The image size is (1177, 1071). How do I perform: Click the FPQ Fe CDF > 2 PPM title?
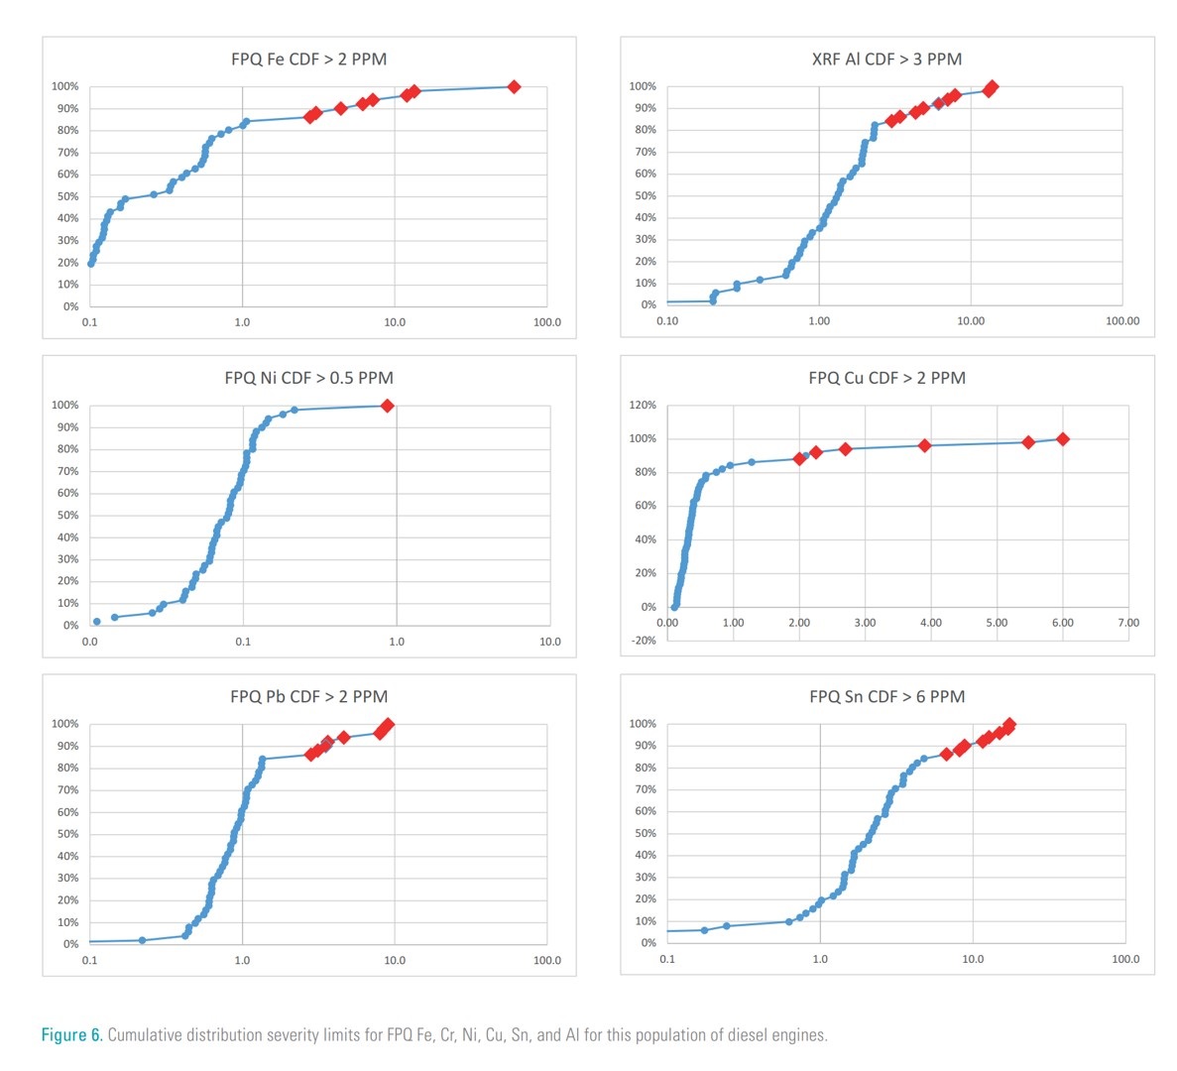coord(308,59)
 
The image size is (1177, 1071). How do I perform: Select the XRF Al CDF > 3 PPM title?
coord(886,59)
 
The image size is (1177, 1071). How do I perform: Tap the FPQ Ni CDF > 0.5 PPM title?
coord(308,378)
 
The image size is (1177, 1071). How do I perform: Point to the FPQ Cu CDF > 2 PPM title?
coord(886,378)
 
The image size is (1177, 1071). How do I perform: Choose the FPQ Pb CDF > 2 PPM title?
coord(308,697)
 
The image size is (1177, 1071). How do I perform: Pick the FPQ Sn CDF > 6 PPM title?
coord(886,697)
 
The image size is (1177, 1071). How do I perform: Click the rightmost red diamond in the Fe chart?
coord(514,87)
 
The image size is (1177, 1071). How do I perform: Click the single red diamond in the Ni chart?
coord(388,406)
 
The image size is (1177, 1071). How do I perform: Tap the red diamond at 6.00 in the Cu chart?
coord(1063,439)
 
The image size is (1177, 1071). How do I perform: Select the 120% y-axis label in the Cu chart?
coord(643,406)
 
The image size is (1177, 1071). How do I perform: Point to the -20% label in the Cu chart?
coord(644,641)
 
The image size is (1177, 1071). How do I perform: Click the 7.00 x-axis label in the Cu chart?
coord(1128,623)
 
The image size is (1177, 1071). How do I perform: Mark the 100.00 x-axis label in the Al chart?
coord(1122,321)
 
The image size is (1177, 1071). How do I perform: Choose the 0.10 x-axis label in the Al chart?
coord(667,321)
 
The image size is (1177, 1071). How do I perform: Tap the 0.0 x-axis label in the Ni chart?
coord(90,642)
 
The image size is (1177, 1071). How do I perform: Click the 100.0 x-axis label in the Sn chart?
coord(1125,959)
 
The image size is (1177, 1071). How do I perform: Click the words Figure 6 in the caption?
coord(70,1035)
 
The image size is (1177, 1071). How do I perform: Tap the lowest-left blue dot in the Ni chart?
coord(96,622)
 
